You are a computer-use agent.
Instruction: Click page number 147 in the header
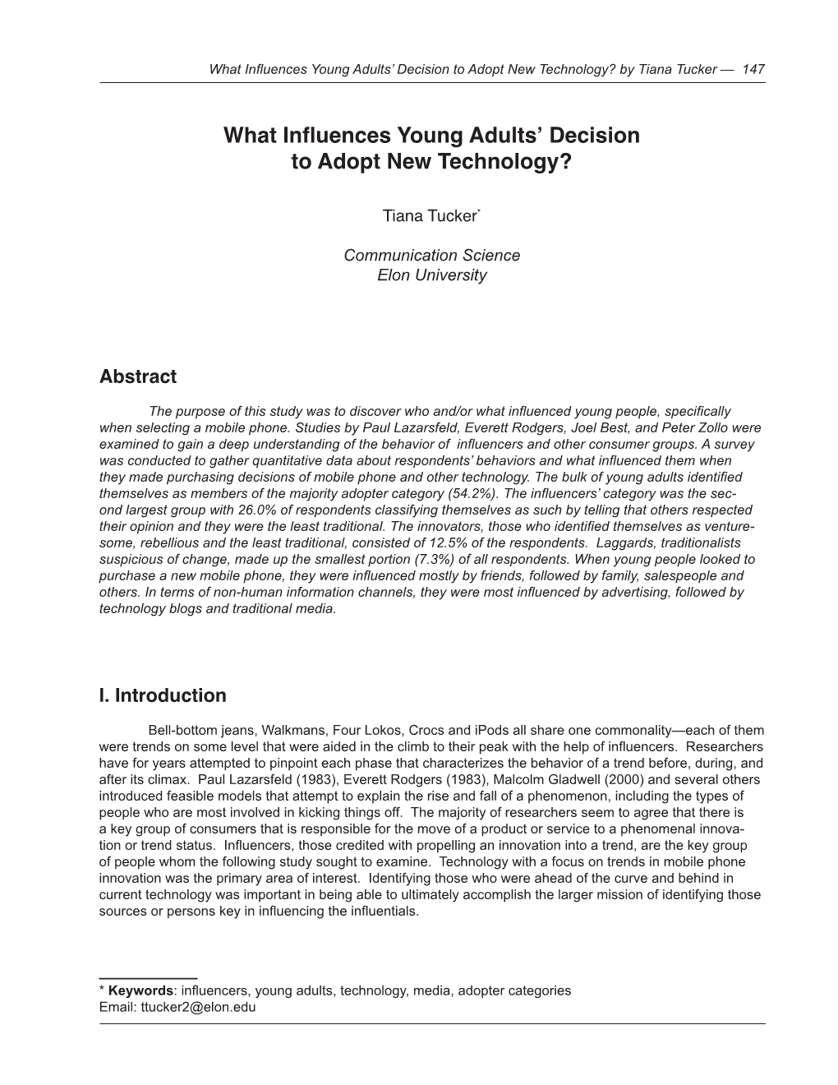coord(753,69)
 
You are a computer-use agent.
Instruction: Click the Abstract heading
coord(137,376)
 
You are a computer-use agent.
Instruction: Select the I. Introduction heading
coord(162,695)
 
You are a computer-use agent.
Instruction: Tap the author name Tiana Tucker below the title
coord(429,216)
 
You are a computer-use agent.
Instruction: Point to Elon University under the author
coord(431,275)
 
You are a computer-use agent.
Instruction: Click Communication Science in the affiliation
coord(431,255)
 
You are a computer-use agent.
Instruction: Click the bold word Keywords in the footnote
coord(140,990)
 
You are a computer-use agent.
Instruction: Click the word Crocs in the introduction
coord(425,730)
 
